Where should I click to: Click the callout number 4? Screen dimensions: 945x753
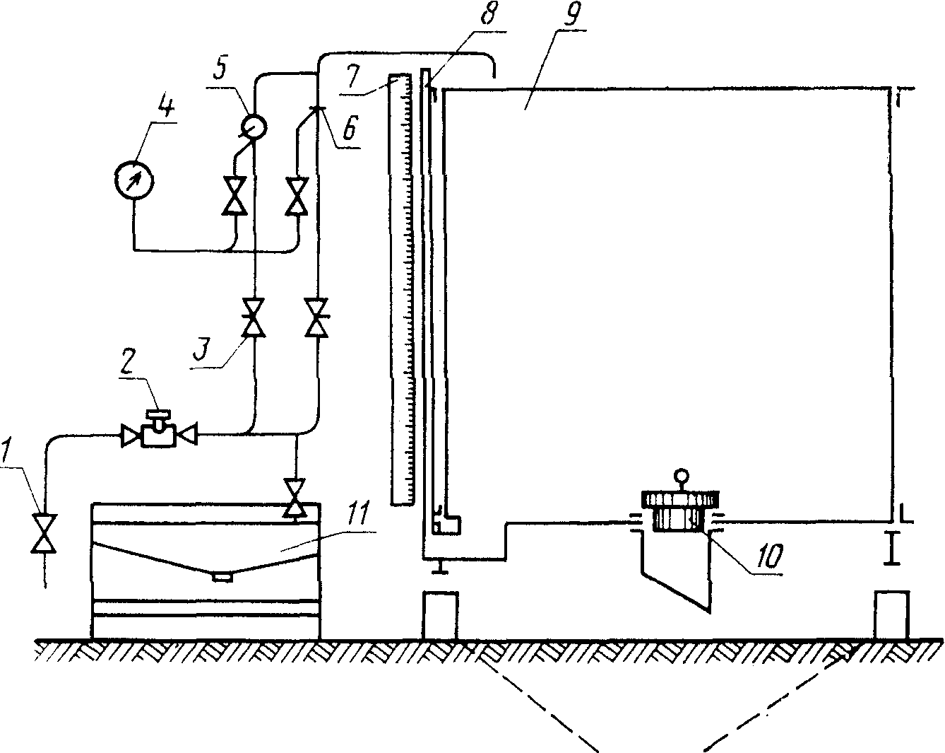165,107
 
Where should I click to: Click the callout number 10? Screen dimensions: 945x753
770,556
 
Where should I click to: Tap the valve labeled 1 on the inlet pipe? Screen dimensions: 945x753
44,534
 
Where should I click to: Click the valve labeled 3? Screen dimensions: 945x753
254,317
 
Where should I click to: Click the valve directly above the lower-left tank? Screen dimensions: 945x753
295,498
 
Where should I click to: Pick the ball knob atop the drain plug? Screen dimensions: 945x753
681,475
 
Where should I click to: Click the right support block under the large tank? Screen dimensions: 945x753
891,615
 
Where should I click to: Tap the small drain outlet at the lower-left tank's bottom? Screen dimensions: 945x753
222,577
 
